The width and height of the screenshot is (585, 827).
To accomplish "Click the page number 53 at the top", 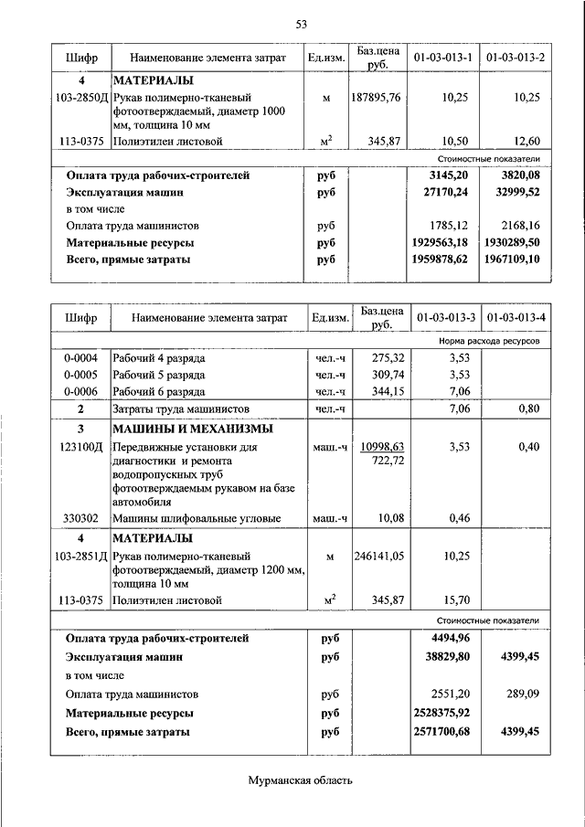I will tap(301, 23).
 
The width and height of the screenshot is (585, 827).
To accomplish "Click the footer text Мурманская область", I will tap(300, 779).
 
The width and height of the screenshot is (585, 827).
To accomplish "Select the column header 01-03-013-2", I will tap(516, 58).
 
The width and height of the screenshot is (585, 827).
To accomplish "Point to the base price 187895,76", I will tap(376, 97).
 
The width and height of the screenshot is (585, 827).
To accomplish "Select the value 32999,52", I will tap(516, 193).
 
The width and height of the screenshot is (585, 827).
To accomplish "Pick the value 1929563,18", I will tap(435, 243).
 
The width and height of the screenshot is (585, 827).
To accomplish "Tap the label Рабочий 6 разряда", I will tap(158, 391).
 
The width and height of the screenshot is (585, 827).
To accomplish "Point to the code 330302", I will tap(81, 518).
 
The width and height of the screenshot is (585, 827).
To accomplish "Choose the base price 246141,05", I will tap(376, 555).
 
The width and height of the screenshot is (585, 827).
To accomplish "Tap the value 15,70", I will tap(455, 599).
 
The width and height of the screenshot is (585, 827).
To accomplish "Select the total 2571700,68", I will tap(435, 732).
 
